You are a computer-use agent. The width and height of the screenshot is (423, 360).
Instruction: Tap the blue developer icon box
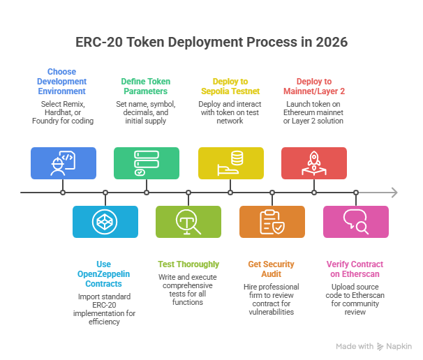click(x=63, y=163)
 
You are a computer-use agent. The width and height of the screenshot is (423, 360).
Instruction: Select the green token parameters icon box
click(x=147, y=163)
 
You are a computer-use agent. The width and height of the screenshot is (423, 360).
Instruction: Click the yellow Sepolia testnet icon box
click(x=230, y=163)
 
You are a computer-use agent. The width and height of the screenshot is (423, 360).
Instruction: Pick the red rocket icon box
click(x=314, y=163)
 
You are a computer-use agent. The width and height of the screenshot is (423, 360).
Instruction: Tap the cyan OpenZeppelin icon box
click(x=105, y=222)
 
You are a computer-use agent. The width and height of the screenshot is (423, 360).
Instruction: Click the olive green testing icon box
click(x=188, y=222)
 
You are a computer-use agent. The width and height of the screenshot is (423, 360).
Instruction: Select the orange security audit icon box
click(x=272, y=222)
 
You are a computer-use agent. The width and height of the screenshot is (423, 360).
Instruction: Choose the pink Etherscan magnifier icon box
click(x=356, y=222)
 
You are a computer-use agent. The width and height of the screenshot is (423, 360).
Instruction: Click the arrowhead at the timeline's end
click(x=394, y=193)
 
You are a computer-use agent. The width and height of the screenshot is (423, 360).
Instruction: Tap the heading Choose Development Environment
click(x=63, y=81)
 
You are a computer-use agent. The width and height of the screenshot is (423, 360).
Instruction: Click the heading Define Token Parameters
click(x=147, y=86)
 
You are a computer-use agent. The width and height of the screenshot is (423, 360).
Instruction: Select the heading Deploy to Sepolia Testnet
click(x=230, y=86)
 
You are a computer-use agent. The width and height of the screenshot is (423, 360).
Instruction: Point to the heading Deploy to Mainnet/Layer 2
click(x=314, y=86)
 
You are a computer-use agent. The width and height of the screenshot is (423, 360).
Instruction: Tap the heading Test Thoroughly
click(x=188, y=264)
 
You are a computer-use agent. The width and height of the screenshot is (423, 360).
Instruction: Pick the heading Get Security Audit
click(x=272, y=270)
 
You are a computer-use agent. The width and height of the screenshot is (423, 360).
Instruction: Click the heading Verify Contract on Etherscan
click(x=356, y=270)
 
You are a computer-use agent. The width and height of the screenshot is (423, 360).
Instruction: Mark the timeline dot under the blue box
click(x=63, y=193)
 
